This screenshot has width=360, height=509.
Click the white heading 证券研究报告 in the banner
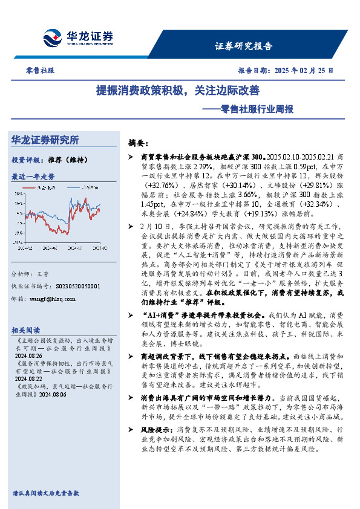coord(244,46)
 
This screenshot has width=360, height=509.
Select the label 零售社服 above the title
coord(41,70)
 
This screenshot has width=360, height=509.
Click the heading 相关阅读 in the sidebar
coord(26,330)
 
